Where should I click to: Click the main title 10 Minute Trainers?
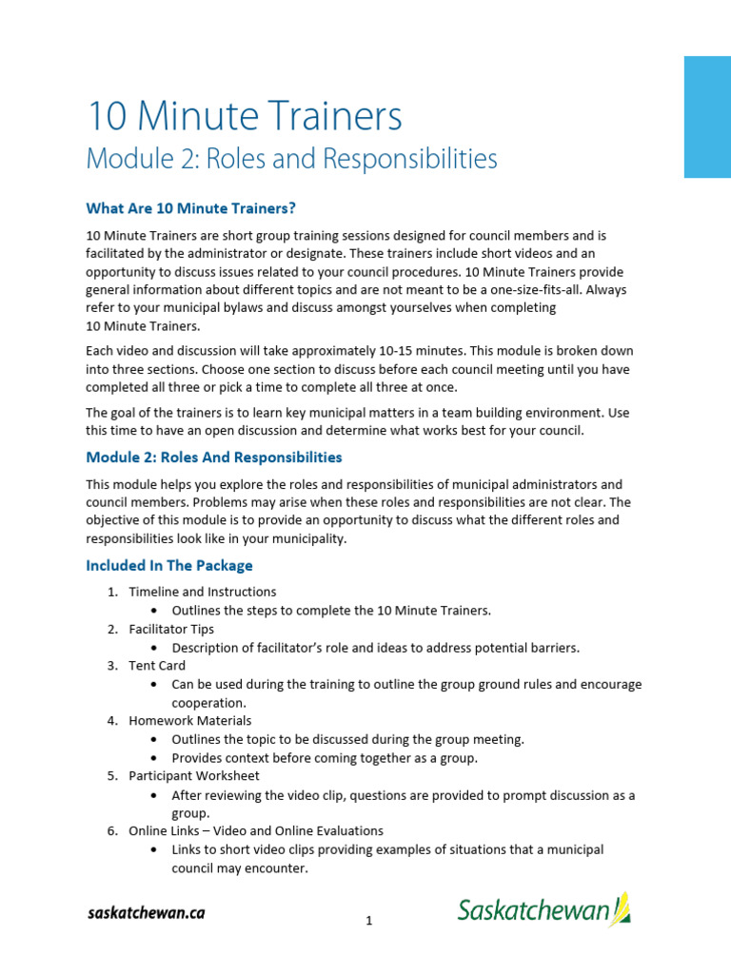click(x=244, y=116)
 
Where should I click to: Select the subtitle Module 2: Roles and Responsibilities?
click(x=291, y=158)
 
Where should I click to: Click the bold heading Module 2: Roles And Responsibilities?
click(x=214, y=458)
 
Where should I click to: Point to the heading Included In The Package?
click(x=169, y=566)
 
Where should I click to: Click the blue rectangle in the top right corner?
click(x=707, y=116)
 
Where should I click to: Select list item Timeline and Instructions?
click(x=203, y=593)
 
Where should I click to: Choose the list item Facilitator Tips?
click(x=171, y=629)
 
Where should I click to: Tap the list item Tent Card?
click(x=157, y=666)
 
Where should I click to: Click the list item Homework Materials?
click(x=190, y=721)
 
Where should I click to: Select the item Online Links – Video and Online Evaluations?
click(x=256, y=831)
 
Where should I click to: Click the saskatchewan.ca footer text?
click(x=146, y=913)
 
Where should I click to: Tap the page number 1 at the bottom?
click(x=367, y=921)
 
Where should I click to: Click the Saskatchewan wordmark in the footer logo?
click(x=533, y=911)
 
